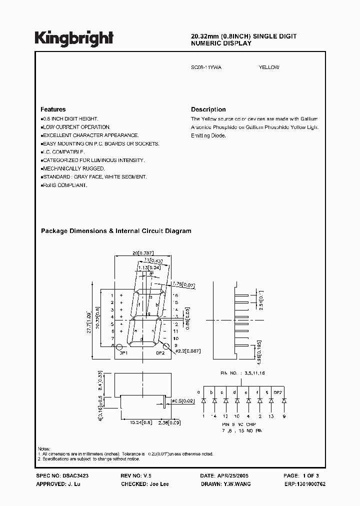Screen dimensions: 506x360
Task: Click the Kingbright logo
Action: pos(74,38)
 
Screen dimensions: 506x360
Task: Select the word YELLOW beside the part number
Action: pos(269,67)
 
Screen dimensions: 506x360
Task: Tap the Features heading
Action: pos(53,109)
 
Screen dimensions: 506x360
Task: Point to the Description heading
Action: pos(208,109)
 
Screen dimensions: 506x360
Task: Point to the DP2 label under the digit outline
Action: pos(160,353)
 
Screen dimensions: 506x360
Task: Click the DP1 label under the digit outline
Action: pos(122,353)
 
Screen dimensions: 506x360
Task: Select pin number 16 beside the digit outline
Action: pos(175,295)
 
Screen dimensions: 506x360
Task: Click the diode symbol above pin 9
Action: pos(284,401)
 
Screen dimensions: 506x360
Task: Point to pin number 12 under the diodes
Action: pos(225,416)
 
